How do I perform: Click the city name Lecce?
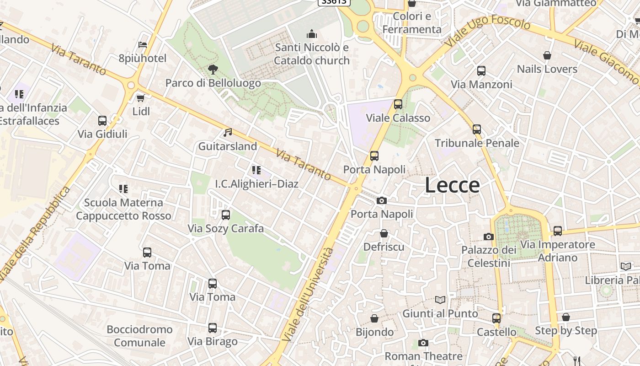tap(452, 185)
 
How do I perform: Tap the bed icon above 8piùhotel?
tap(143, 45)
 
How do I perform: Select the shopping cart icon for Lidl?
tap(141, 98)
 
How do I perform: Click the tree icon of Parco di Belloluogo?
tap(213, 70)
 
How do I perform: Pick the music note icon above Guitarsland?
tap(228, 133)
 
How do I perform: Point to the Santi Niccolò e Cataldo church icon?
tap(312, 34)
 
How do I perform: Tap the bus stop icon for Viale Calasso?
tap(398, 104)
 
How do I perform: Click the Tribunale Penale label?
tap(477, 143)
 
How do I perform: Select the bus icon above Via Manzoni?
tap(481, 71)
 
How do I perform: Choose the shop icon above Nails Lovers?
tap(547, 56)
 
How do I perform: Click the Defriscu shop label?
tap(384, 247)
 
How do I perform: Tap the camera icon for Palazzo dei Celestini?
tap(489, 237)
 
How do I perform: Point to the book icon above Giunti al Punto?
tap(440, 300)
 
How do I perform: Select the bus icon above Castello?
tap(496, 318)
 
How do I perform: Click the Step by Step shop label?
tap(566, 330)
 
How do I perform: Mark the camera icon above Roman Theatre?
tap(423, 343)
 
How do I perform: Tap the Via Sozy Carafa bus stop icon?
tap(226, 215)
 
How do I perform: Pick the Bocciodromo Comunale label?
tap(139, 336)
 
